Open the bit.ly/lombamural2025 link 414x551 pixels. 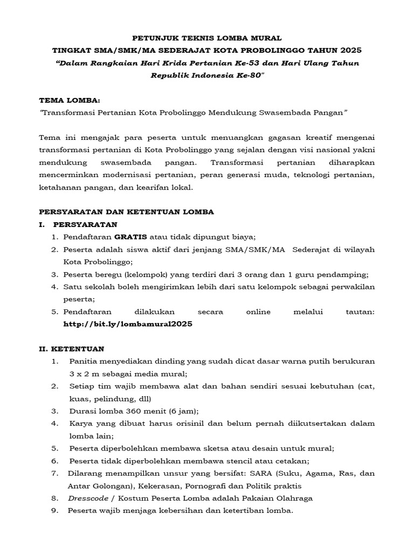[128, 324]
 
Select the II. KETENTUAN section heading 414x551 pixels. [72, 349]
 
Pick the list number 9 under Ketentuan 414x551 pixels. [54, 511]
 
